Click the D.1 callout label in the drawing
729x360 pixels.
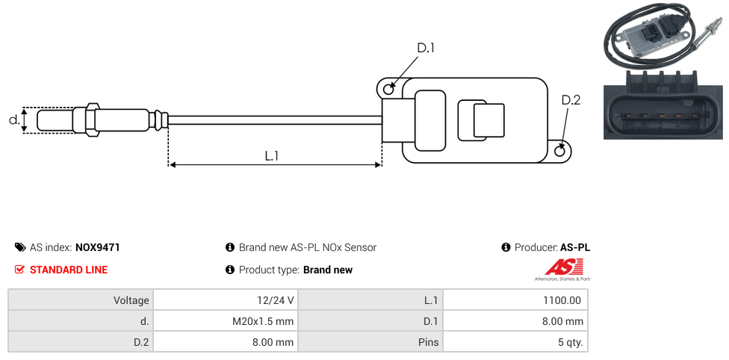426,48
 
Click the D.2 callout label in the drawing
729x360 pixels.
571,100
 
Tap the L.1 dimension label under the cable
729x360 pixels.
272,156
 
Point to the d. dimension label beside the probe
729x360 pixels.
13,120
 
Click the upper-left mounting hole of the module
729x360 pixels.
388,90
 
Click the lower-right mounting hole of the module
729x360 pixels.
561,152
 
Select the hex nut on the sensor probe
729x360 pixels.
93,120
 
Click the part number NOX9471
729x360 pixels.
98,247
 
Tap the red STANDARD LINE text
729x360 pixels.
69,270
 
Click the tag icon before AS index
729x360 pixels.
20,247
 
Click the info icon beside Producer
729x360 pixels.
506,247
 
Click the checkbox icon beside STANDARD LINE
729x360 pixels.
20,270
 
